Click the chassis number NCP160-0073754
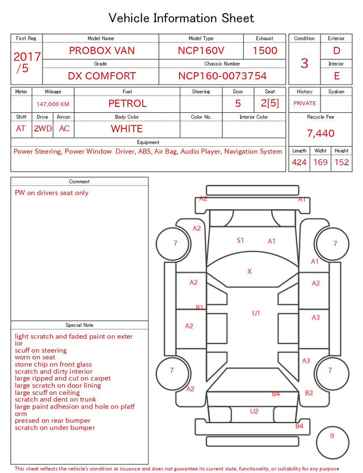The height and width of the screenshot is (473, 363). tap(222, 76)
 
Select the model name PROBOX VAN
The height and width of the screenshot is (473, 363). tap(102, 50)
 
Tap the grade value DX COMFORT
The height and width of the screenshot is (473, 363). tap(102, 76)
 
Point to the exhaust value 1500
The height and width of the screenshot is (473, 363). tap(265, 50)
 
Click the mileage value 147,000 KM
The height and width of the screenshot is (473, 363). tap(53, 104)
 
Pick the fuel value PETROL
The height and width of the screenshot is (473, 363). tap(128, 104)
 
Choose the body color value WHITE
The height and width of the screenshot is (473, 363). tap(126, 129)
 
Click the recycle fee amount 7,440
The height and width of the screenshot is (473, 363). tap(320, 133)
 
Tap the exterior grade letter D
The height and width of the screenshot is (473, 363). tap(336, 50)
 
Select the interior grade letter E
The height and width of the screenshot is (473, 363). tap(337, 76)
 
